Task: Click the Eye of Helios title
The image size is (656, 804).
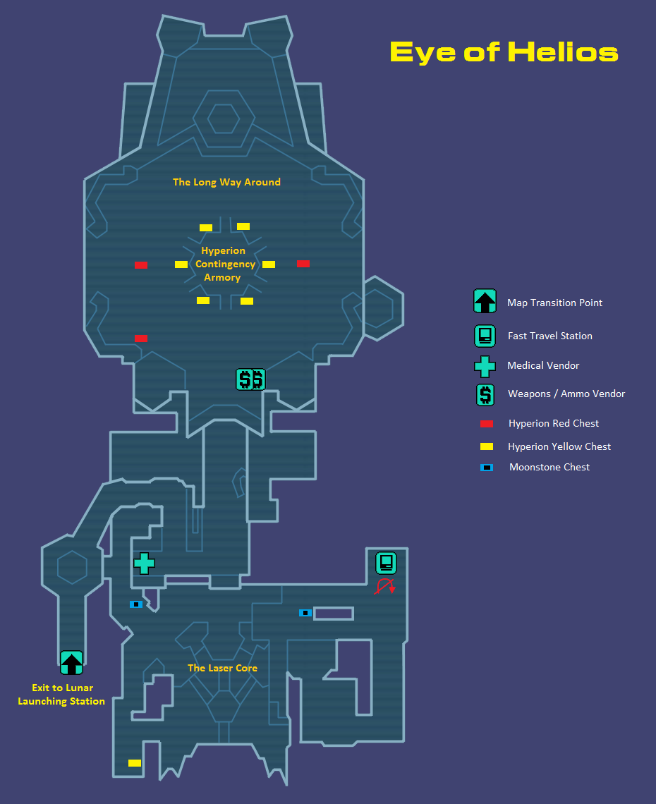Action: [x=504, y=52]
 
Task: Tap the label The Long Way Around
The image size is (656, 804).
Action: [x=226, y=182]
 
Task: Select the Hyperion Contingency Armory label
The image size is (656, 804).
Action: [x=224, y=264]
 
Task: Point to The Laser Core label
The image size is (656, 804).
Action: [x=222, y=668]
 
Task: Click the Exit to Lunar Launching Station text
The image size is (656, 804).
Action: [x=62, y=695]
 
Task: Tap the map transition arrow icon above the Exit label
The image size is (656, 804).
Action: [x=71, y=662]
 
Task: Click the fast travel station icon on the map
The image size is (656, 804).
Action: [x=386, y=563]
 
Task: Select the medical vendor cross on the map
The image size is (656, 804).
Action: [x=144, y=563]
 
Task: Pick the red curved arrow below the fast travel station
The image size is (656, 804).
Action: [x=384, y=587]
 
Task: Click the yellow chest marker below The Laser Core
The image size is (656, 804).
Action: [x=135, y=763]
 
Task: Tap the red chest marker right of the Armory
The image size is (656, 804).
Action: [x=303, y=264]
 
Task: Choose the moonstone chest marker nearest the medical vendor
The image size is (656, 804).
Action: [x=136, y=604]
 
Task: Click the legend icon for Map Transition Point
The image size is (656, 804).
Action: [x=485, y=302]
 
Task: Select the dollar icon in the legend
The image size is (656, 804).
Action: [x=485, y=394]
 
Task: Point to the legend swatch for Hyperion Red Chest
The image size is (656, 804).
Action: [x=487, y=424]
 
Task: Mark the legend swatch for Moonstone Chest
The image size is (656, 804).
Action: [x=487, y=468]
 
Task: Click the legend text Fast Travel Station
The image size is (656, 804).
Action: [x=549, y=336]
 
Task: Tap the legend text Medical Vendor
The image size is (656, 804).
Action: [x=543, y=365]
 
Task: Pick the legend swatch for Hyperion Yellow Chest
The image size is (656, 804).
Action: [x=487, y=446]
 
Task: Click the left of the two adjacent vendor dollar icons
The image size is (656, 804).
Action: [x=244, y=380]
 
